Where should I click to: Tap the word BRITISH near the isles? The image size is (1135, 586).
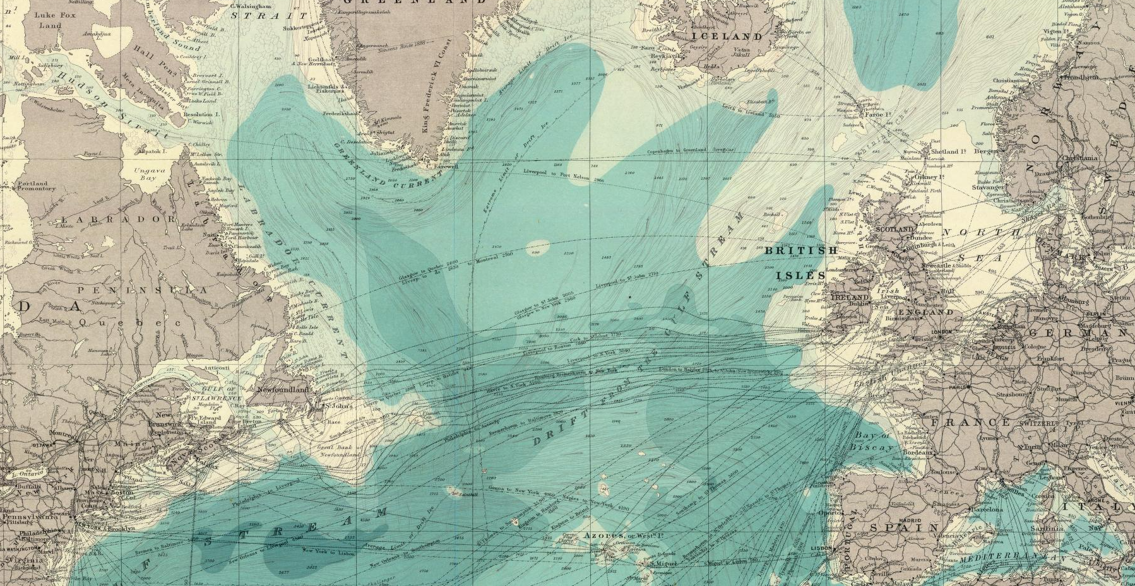(801, 251)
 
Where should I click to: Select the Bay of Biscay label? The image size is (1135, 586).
(874, 441)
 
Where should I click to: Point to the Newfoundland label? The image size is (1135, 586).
(284, 390)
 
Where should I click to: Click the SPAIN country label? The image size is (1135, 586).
(905, 527)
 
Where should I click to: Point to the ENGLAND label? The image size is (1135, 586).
(925, 312)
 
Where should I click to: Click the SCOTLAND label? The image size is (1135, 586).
(895, 229)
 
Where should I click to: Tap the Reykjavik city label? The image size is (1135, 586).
(656, 56)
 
